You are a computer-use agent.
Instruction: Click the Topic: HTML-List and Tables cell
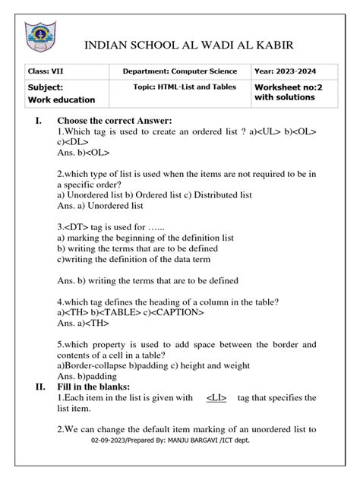[182, 87]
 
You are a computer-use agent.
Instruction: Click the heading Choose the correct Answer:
[115, 121]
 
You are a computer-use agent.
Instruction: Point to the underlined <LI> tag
[216, 398]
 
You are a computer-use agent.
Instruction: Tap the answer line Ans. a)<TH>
[82, 322]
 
